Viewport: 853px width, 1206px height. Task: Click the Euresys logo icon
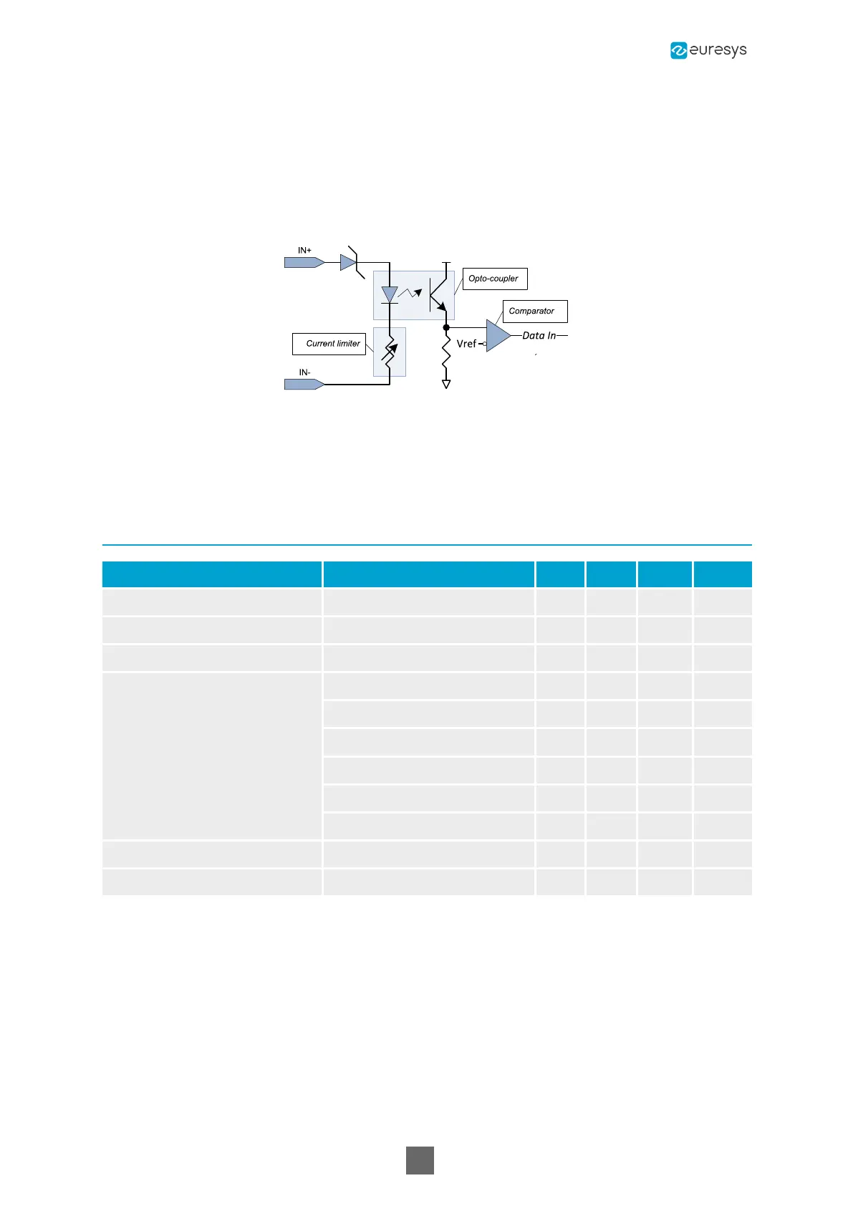coord(678,50)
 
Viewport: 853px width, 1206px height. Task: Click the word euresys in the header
coord(718,50)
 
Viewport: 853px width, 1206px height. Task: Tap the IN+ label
coord(304,251)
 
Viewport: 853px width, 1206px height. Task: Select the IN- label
coord(304,372)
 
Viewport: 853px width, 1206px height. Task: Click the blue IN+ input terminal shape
coord(304,263)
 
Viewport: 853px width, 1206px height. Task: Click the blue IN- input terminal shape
coord(304,385)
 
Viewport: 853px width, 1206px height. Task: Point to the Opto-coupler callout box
coord(494,279)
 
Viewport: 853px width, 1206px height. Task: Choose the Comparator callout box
coord(534,312)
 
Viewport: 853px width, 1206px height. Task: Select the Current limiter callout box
coord(329,344)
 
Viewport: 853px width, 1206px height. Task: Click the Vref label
coord(466,344)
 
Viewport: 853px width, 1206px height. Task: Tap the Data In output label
coord(539,335)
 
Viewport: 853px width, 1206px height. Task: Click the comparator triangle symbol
coord(497,335)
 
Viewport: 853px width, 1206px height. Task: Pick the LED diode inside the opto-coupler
coord(390,294)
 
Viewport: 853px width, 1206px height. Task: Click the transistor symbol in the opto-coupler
coord(438,294)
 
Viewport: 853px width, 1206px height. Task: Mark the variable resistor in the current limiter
coord(390,352)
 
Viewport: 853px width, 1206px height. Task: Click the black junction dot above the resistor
coord(446,327)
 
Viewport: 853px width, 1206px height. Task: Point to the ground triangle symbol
coord(446,385)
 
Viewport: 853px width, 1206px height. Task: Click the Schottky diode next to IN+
coord(350,262)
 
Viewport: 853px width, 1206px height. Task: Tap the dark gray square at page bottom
coord(420,1160)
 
